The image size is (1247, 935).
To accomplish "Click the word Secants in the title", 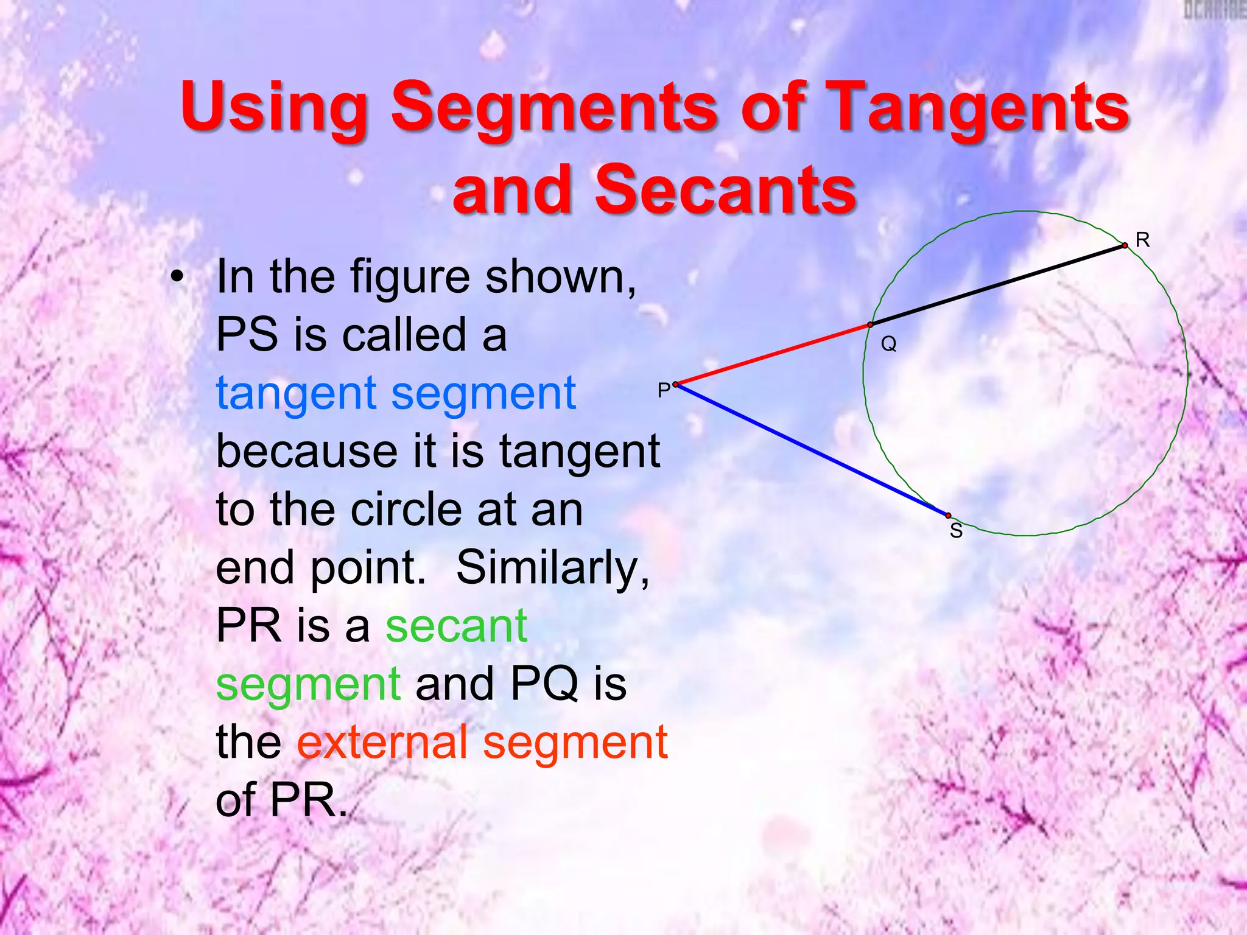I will [x=725, y=191].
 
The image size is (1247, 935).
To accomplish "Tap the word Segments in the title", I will [x=554, y=108].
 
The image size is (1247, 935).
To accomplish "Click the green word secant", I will [x=456, y=626].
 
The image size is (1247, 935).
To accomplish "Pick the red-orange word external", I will [x=382, y=743].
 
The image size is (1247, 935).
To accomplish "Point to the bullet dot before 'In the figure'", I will [x=177, y=278].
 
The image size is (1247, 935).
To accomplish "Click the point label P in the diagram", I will [x=663, y=390].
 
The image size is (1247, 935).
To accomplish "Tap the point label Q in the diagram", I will [x=888, y=345].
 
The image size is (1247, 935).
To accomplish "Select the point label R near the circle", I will [x=1142, y=240].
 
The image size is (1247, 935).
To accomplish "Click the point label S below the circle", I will [x=956, y=531].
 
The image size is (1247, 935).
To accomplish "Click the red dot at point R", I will [x=1125, y=246].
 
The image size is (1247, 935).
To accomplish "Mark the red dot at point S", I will [x=948, y=516].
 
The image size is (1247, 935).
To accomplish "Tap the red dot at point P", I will [x=676, y=384].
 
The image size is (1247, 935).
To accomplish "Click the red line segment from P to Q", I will [x=773, y=355].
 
